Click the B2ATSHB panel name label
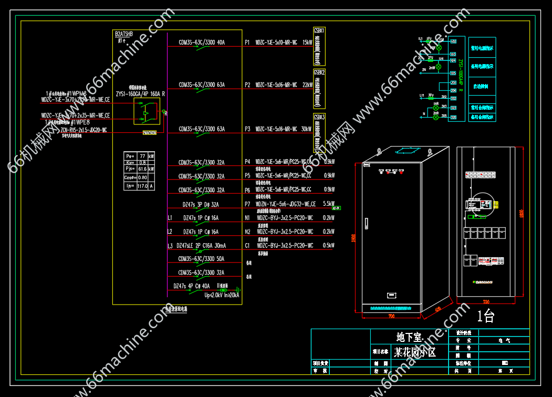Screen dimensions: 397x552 click(124, 34)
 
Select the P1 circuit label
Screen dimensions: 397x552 click(247, 43)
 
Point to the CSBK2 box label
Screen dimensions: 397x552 click(319, 72)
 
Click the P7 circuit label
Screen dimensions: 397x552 click(247, 204)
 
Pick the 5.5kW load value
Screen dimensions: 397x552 click(329, 204)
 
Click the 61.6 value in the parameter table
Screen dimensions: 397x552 click(142, 170)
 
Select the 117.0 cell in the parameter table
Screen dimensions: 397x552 click(142, 186)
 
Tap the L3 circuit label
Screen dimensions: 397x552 click(170, 246)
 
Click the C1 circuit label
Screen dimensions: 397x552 click(247, 245)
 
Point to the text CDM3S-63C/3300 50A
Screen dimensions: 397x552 click(202, 259)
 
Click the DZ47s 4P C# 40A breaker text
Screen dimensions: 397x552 click(192, 286)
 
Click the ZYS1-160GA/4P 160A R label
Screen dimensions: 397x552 click(140, 94)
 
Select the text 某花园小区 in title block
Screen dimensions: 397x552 click(415, 352)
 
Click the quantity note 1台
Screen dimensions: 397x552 click(486, 317)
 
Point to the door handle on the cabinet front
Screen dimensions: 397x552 click(368, 223)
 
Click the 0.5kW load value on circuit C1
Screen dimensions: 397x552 click(329, 245)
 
